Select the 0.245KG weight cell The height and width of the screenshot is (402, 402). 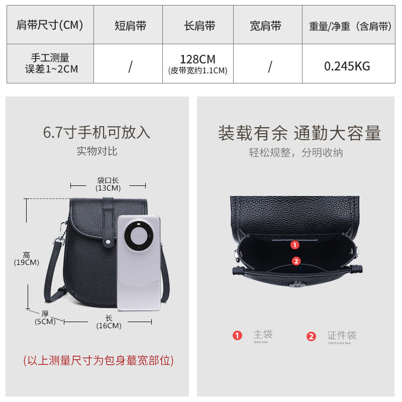point(347,66)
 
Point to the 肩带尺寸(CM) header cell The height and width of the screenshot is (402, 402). point(50,25)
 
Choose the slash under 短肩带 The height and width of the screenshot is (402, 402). point(130,66)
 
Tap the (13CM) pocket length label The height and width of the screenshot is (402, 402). point(108,188)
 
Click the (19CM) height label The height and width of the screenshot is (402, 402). point(26,262)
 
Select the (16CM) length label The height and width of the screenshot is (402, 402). point(109,326)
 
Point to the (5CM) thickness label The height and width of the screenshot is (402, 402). point(45,322)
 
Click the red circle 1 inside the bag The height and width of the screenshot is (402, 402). point(295,245)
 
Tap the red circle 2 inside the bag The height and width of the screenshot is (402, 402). point(296,261)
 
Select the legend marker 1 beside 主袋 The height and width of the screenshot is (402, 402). point(237,336)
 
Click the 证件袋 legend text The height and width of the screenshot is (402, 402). point(342,335)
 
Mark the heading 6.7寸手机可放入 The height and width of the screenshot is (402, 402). point(97,133)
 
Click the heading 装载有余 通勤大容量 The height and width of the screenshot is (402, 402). point(299,133)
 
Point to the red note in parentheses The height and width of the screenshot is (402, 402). point(98,360)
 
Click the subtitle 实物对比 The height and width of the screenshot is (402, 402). point(97,151)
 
